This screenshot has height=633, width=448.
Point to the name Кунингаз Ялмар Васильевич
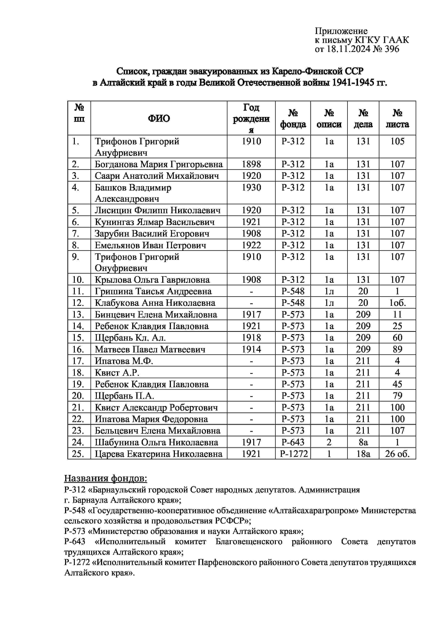coord(155,222)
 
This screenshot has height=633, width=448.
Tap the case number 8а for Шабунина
coord(363,442)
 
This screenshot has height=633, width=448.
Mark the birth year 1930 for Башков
coord(251,188)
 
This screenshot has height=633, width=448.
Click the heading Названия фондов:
coord(105,478)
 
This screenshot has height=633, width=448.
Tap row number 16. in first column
coord(78,350)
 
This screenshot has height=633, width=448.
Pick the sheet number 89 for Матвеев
coord(397,350)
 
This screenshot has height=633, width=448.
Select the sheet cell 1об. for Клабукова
coord(397,303)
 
